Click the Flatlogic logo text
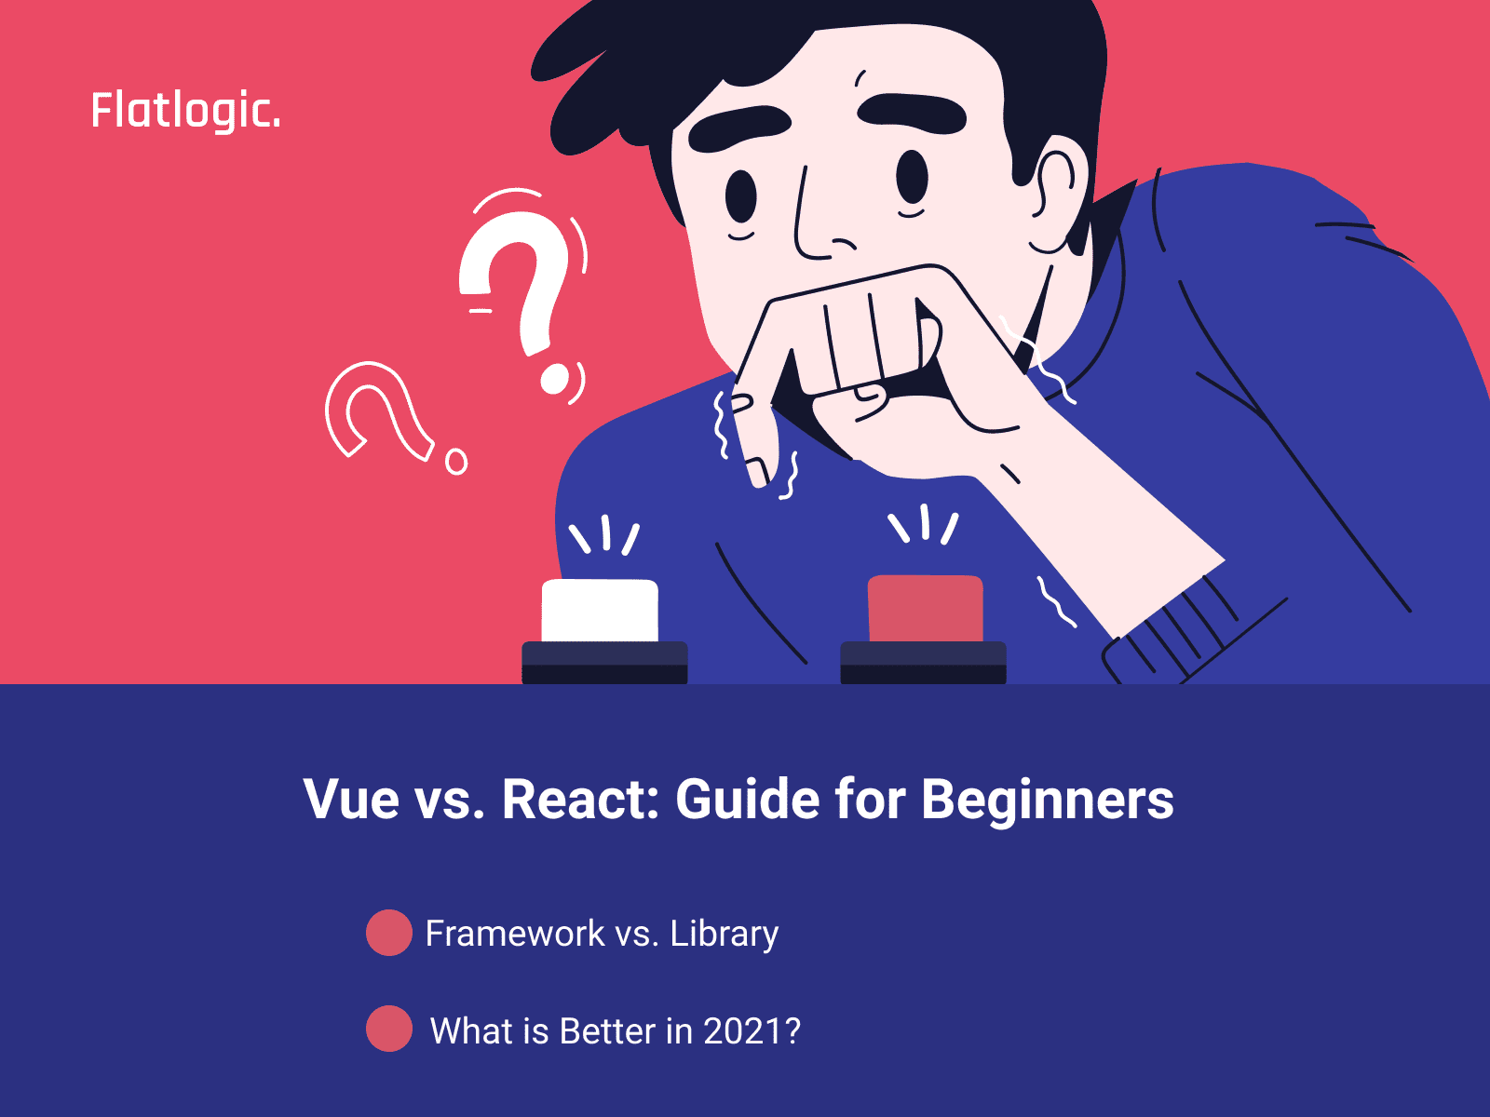coord(185,111)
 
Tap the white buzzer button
coord(600,610)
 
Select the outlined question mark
coord(394,416)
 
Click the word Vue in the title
coord(351,799)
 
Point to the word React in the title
coord(580,799)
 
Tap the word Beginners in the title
coord(1048,801)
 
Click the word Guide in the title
coord(748,799)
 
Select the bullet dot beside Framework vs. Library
coord(389,933)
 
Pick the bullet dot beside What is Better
coord(389,1029)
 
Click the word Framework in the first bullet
coord(515,934)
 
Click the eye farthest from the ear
coord(740,195)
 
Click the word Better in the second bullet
coord(608,1030)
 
